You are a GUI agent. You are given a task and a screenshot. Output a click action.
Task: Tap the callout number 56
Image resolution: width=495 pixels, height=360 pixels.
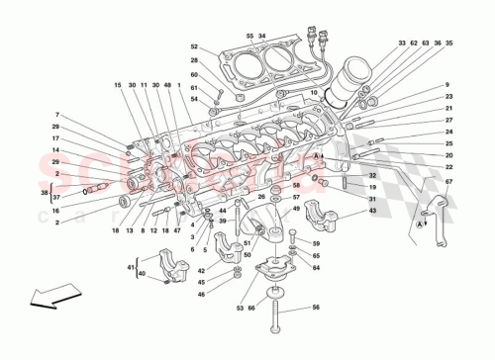(x=316, y=307)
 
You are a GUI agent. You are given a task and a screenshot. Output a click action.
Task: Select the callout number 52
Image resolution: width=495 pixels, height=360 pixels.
(x=195, y=46)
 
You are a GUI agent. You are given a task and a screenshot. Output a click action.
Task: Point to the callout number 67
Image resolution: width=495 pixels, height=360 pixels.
(x=447, y=182)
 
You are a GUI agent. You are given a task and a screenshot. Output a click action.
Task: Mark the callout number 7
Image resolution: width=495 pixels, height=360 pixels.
(x=57, y=115)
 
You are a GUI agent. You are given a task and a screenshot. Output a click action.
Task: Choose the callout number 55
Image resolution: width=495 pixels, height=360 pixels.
(x=250, y=35)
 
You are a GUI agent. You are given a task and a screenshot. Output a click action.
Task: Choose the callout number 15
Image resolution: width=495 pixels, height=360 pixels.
(x=117, y=86)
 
